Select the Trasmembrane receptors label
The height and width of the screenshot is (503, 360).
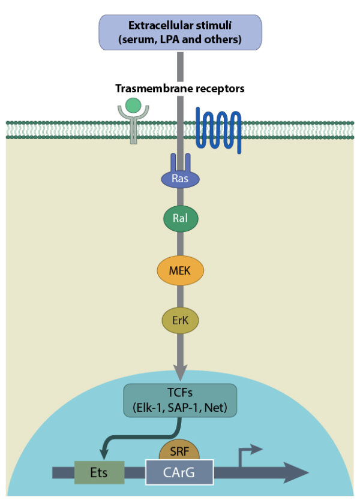180,89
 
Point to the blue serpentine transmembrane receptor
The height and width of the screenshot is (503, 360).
218,129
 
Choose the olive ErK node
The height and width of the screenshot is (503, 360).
180,321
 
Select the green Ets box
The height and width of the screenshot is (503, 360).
99,472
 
